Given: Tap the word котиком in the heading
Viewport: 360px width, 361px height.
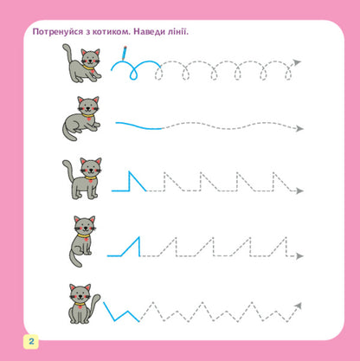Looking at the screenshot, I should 118,32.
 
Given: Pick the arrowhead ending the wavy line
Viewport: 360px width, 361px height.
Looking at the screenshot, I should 299,127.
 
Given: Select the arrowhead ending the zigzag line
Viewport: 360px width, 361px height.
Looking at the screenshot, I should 299,306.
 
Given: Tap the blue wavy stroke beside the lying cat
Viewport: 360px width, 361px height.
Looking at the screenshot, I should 138,125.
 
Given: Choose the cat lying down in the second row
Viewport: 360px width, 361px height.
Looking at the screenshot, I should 82,119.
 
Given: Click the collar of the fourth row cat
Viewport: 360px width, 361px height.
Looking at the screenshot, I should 84,235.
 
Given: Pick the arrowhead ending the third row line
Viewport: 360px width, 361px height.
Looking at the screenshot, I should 299,191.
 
